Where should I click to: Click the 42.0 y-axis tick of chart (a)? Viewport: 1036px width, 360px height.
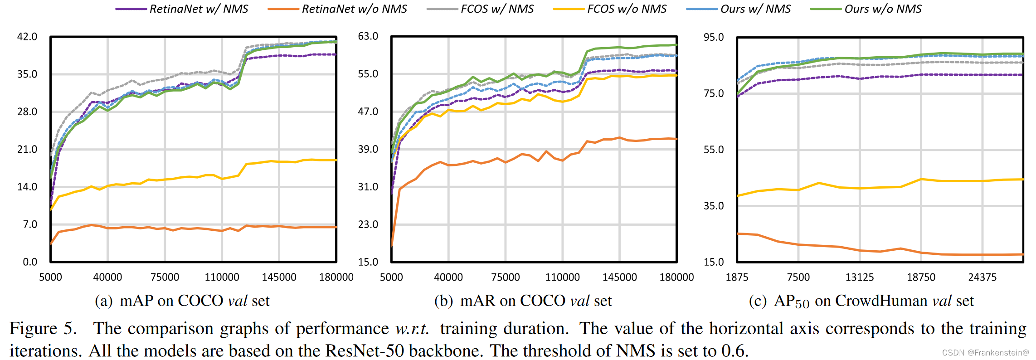(x=27, y=37)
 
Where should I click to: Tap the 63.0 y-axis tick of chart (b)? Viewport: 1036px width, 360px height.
(x=368, y=36)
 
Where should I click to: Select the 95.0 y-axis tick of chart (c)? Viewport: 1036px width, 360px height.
(x=714, y=37)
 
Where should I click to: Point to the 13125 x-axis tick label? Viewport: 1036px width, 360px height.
(x=860, y=277)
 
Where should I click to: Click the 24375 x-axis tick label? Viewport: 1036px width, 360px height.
(x=982, y=277)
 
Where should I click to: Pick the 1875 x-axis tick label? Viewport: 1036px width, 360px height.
(x=737, y=277)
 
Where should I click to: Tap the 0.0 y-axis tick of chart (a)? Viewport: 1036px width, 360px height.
(x=30, y=262)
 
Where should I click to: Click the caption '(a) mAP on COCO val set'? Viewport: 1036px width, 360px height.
(x=182, y=301)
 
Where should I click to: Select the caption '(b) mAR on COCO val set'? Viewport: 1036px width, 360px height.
(x=523, y=301)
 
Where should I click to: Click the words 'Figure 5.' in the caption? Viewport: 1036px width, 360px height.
(x=43, y=329)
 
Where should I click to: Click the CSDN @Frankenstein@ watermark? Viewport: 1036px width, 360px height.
(x=985, y=353)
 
